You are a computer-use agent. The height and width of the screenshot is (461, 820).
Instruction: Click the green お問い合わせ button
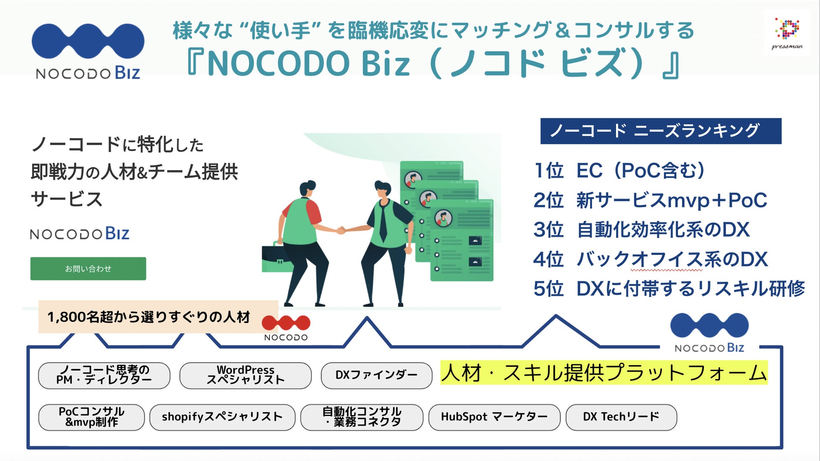(88, 269)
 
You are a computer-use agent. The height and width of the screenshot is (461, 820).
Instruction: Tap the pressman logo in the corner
(787, 33)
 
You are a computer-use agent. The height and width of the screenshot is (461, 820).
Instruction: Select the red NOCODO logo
(286, 327)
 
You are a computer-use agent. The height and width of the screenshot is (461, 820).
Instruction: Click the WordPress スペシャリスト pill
(245, 375)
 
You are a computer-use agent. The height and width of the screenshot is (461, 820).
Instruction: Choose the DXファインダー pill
(376, 375)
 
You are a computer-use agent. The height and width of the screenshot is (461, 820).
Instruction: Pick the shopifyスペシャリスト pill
(222, 417)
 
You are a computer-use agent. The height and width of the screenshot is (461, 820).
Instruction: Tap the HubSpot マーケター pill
(494, 417)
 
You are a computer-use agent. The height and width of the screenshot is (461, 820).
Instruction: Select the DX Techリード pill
(621, 417)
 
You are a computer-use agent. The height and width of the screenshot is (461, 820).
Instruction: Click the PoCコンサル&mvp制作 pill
(91, 417)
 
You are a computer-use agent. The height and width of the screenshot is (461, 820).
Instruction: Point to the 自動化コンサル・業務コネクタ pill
(362, 417)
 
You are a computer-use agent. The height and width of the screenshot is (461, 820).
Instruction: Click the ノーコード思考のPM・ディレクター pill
(104, 375)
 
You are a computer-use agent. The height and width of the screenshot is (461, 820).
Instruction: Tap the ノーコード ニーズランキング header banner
(660, 131)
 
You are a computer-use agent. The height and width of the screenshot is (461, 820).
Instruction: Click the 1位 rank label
(548, 171)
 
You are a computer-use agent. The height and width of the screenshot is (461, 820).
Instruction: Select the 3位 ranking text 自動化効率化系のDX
(663, 230)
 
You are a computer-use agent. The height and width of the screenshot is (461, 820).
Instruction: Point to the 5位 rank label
(548, 289)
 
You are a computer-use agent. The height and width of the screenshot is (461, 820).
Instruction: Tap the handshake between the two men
(341, 230)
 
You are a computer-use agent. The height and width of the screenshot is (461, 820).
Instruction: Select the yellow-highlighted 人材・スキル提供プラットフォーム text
(604, 373)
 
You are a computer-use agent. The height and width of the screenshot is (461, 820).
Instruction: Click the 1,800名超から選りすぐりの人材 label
(148, 317)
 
